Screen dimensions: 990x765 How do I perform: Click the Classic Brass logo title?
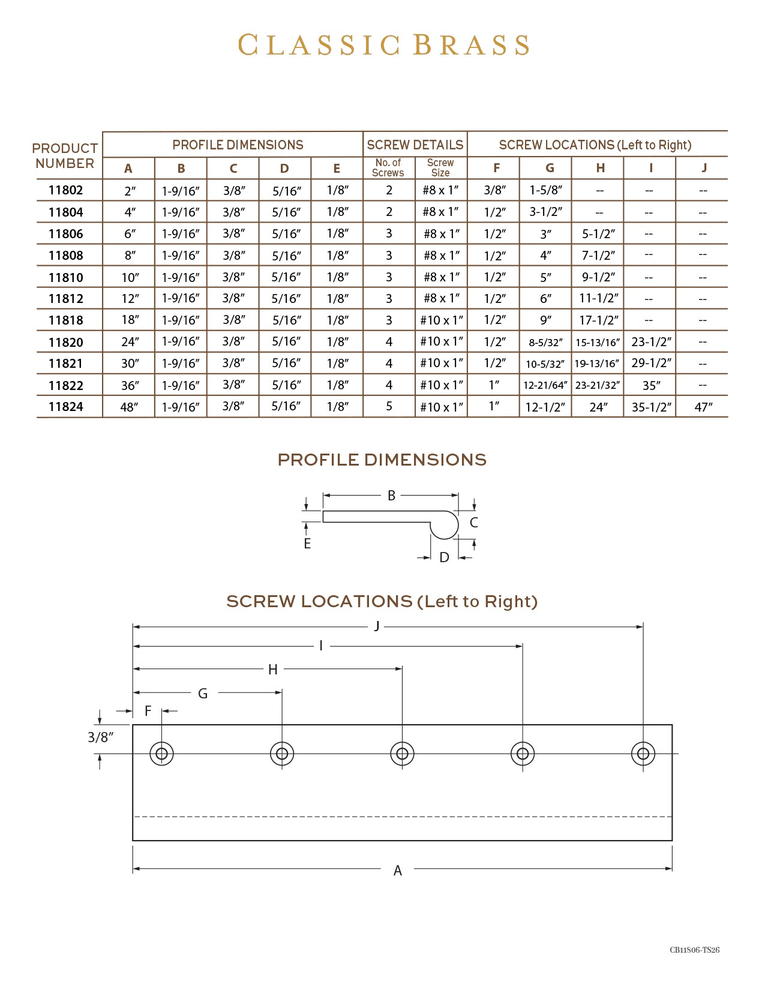[383, 46]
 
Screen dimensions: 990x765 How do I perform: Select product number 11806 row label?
[66, 234]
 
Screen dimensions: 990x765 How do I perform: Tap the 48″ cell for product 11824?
[130, 407]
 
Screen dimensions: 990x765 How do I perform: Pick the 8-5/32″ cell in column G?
[545, 343]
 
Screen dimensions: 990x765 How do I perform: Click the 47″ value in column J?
[703, 407]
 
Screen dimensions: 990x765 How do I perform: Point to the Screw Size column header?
[440, 168]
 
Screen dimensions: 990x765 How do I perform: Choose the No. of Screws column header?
[388, 168]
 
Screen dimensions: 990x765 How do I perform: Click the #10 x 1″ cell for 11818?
[442, 320]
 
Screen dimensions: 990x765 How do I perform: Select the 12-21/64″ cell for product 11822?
[545, 385]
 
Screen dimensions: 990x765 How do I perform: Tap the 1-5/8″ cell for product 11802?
[545, 190]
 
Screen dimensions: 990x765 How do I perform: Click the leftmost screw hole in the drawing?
[162, 754]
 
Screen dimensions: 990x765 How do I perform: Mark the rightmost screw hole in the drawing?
[643, 754]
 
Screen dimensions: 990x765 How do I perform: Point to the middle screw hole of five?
[403, 754]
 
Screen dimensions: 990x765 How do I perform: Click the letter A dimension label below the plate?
[398, 871]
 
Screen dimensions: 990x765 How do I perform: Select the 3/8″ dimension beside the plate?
[100, 737]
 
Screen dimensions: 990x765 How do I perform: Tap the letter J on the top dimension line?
[377, 626]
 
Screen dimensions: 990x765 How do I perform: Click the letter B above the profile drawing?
[392, 496]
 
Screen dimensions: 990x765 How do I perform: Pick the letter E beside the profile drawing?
[307, 544]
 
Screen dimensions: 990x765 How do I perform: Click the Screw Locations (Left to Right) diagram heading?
[382, 601]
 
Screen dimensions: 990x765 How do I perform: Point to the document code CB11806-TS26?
[694, 950]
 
